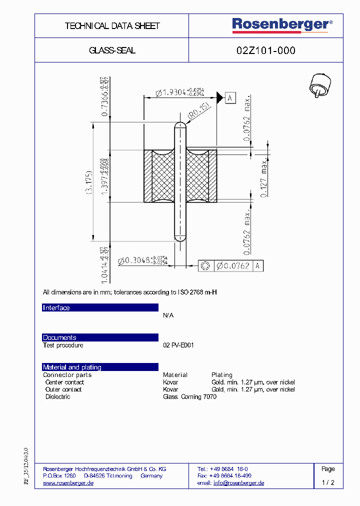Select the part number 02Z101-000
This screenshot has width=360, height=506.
(x=265, y=50)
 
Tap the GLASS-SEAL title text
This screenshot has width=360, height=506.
(x=112, y=50)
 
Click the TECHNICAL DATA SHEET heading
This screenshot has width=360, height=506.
(x=112, y=26)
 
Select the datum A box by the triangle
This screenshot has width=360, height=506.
(x=230, y=97)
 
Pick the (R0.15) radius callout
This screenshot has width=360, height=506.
(x=197, y=112)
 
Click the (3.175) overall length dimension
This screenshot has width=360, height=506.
(x=88, y=183)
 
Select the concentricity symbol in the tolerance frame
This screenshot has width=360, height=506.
(x=205, y=266)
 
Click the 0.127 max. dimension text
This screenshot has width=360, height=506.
(x=264, y=177)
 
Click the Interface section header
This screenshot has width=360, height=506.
(x=56, y=308)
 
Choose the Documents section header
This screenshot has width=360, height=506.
(x=59, y=337)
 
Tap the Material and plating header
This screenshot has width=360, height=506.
(x=72, y=367)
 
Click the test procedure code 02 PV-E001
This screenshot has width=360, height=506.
(x=178, y=345)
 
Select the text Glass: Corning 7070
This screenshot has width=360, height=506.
(x=189, y=397)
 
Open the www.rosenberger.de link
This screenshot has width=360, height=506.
(x=68, y=483)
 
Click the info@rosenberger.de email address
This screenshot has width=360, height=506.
(x=238, y=483)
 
